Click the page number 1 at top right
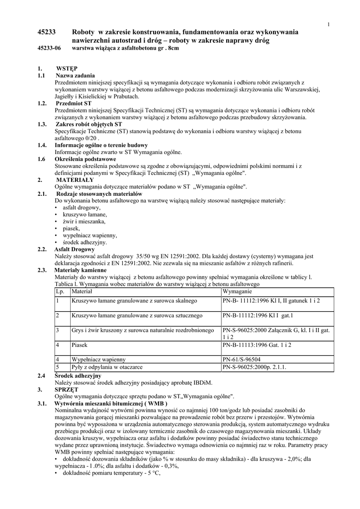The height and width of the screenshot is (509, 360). tap(329, 25)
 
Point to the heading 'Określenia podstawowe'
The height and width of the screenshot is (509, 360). tap(85, 159)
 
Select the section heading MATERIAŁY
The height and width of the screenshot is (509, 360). tap(75, 179)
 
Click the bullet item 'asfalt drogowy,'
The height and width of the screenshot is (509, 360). tap(82, 207)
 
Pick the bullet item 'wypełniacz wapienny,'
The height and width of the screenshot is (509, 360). tap(90, 235)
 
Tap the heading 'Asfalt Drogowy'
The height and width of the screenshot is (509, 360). tap(74, 249)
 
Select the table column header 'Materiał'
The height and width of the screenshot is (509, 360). tap(82, 291)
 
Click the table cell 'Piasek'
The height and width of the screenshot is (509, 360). tap(80, 344)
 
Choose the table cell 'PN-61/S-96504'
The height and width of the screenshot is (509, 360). tap(244, 359)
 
